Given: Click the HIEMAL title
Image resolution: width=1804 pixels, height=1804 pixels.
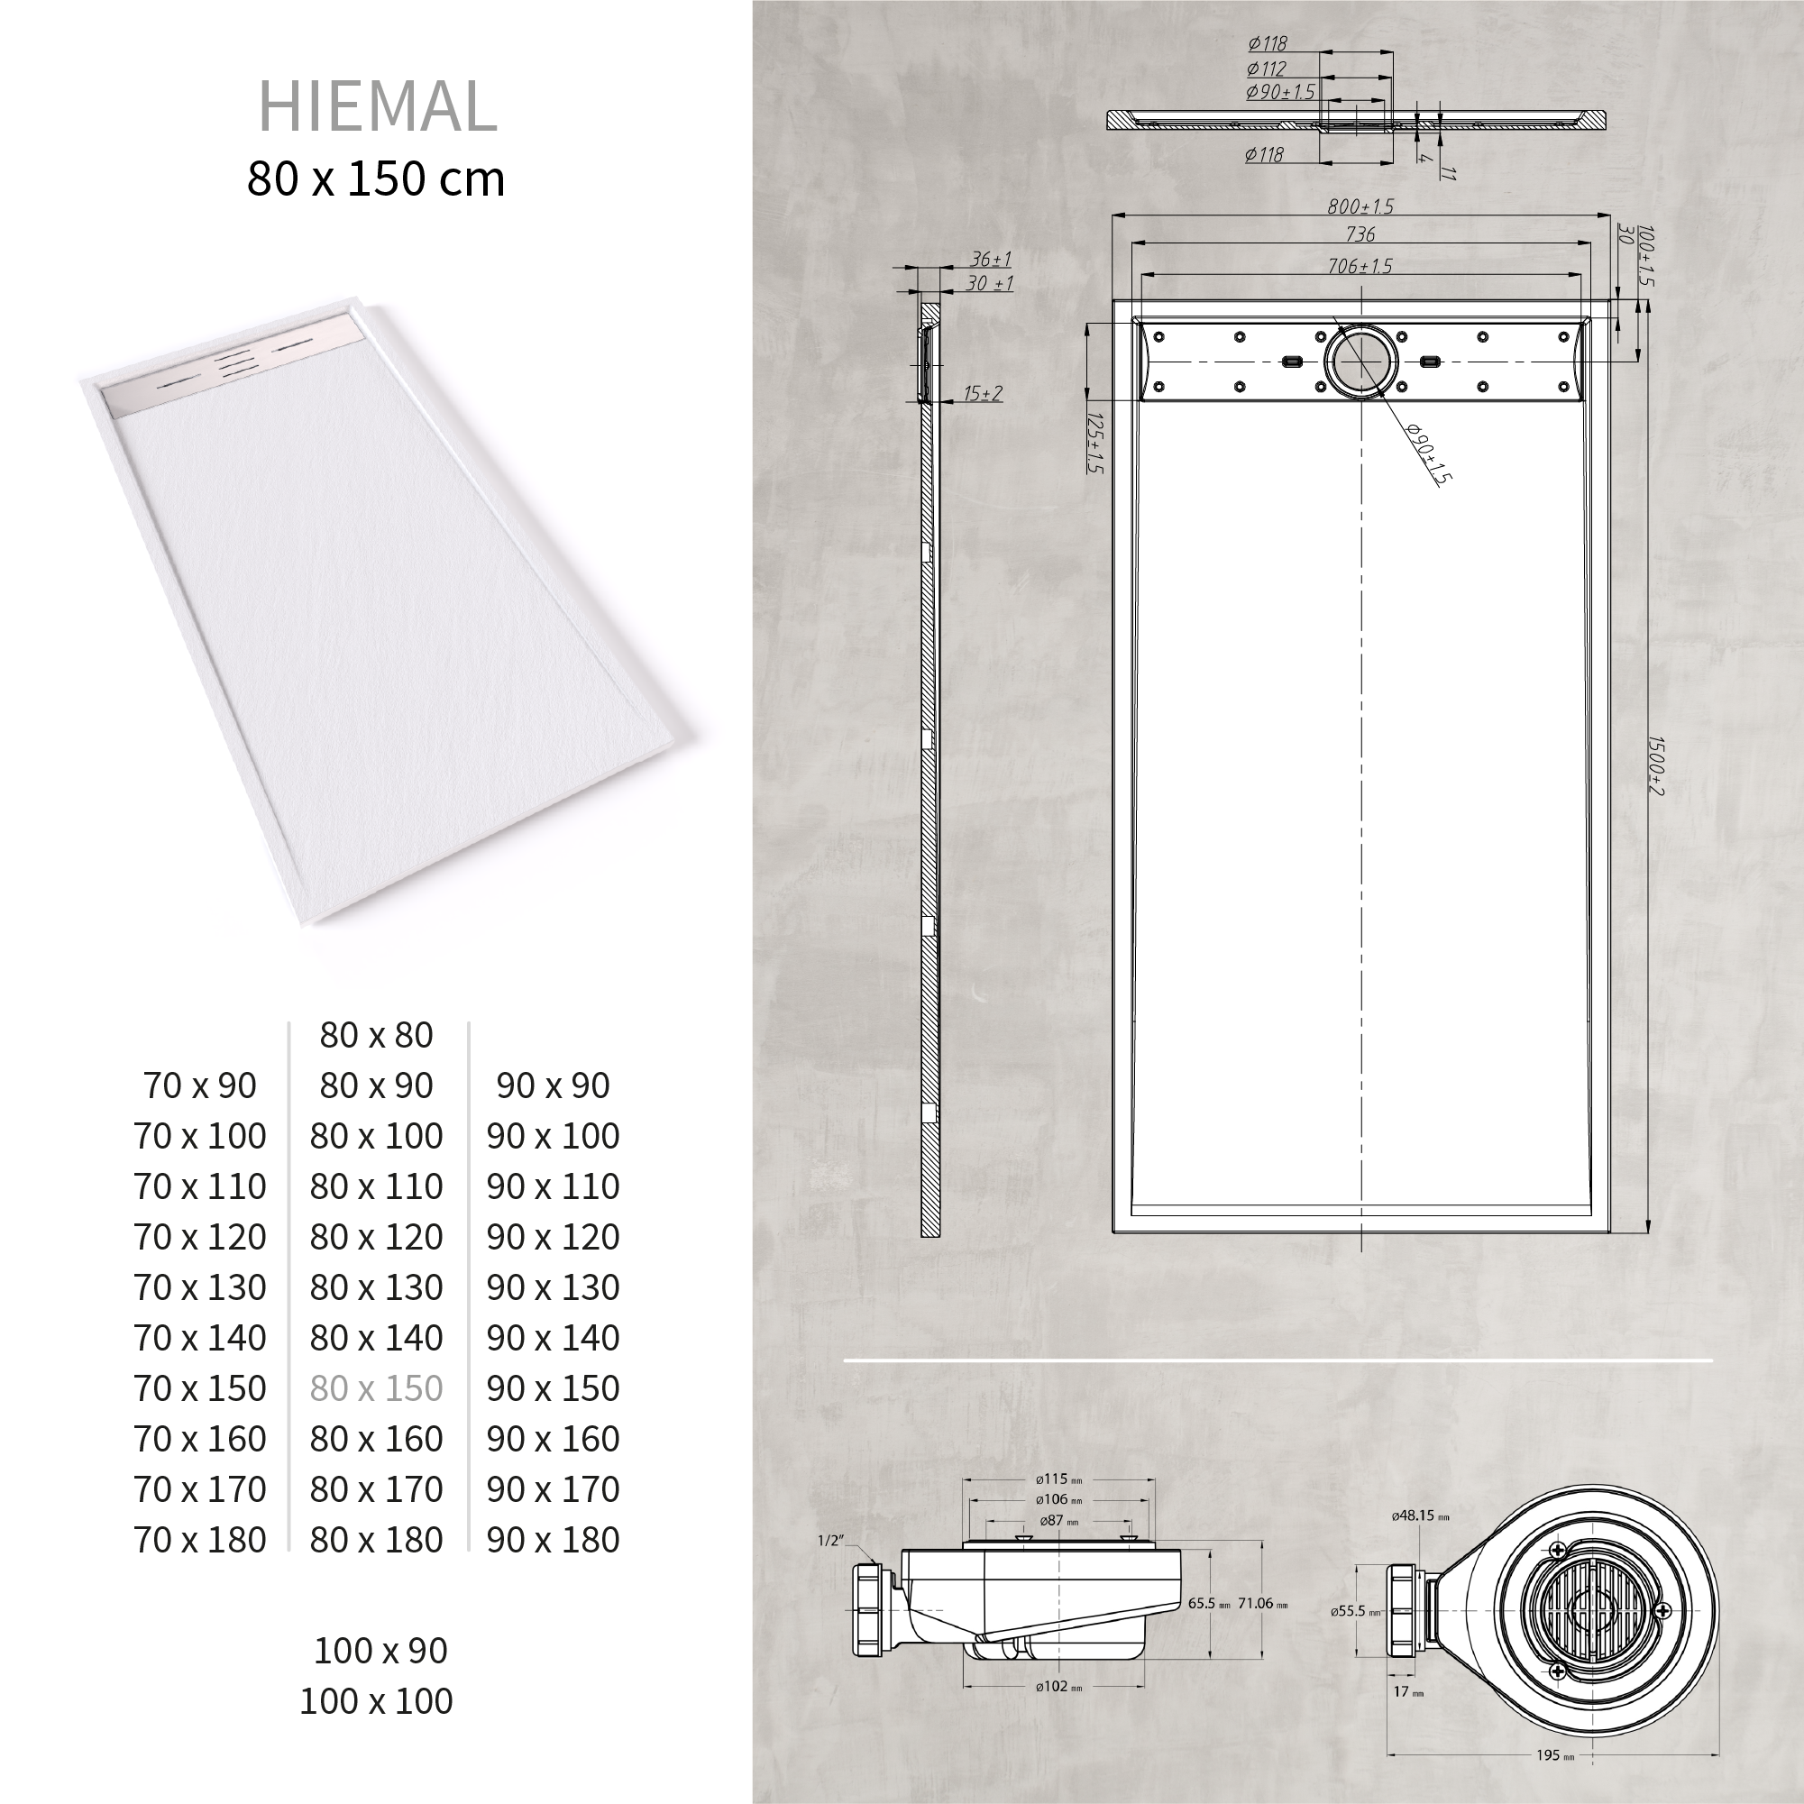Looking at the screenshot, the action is click(377, 106).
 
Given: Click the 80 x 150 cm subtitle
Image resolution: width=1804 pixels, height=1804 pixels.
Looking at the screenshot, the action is click(376, 179).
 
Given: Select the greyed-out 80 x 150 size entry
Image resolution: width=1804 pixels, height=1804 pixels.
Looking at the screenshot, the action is click(376, 1388).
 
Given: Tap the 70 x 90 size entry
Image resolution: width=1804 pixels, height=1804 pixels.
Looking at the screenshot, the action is click(200, 1085).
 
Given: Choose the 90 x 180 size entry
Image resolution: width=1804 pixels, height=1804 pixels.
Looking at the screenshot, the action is click(553, 1540).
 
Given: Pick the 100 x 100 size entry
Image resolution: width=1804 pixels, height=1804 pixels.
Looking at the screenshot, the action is click(376, 1700).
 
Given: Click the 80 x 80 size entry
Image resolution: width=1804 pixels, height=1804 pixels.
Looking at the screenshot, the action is click(376, 1035).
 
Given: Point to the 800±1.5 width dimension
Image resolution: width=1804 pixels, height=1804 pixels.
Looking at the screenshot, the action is click(1360, 206).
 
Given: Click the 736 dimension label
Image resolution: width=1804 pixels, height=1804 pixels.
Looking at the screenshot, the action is click(1360, 234).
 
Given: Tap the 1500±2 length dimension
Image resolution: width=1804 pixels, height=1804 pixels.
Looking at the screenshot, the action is click(1655, 765).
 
